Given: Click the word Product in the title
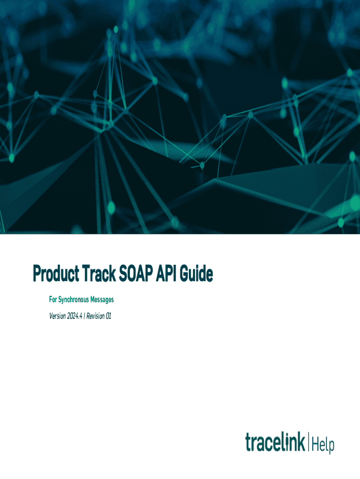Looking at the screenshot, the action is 56,273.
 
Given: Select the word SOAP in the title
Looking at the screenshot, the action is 136,273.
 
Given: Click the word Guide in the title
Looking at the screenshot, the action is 196,273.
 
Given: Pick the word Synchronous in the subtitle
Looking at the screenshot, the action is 73,300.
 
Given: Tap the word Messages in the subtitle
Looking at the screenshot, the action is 102,300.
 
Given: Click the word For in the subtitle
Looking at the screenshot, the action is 53,299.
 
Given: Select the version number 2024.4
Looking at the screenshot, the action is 75,316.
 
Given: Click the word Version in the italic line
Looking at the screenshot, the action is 58,316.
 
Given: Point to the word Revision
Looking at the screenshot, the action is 95,316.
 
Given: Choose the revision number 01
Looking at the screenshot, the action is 108,316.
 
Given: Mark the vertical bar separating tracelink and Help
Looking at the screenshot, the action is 309,442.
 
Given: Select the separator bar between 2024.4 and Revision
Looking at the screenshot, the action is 84,316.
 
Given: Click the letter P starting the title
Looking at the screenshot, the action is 37,273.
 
